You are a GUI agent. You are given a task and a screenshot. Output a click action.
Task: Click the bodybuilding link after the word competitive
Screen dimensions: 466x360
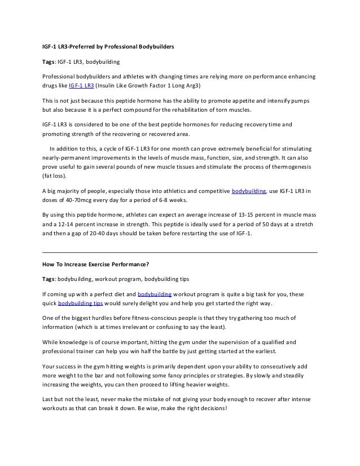pyautogui.click(x=249, y=192)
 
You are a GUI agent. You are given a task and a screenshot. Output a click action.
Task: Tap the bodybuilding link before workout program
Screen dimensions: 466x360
pyautogui.click(x=155, y=294)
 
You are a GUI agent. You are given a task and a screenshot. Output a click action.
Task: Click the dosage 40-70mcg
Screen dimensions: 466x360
pyautogui.click(x=74, y=201)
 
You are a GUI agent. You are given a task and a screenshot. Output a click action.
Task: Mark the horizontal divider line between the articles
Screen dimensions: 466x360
pyautogui.click(x=180, y=252)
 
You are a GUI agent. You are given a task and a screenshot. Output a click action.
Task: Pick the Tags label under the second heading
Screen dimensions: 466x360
pyautogui.click(x=49, y=279)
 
